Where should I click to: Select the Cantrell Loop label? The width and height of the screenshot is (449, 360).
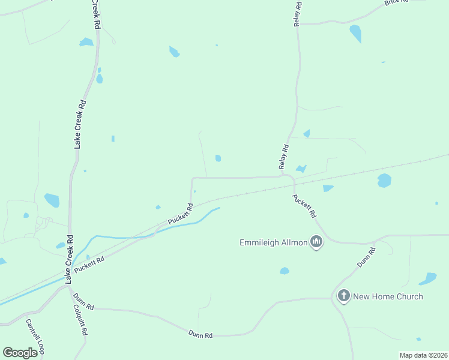pyautogui.click(x=34, y=335)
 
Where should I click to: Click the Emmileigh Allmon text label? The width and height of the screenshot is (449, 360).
pyautogui.click(x=273, y=242)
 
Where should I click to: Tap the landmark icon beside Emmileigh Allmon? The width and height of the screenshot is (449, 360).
pyautogui.click(x=316, y=242)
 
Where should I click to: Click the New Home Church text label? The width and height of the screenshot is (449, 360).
pyautogui.click(x=388, y=296)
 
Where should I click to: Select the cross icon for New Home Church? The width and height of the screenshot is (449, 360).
pyautogui.click(x=343, y=296)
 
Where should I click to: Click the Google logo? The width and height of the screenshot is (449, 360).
pyautogui.click(x=20, y=352)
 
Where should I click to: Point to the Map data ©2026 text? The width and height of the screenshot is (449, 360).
pyautogui.click(x=423, y=355)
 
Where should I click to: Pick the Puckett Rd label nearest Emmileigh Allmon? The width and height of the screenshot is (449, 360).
pyautogui.click(x=304, y=205)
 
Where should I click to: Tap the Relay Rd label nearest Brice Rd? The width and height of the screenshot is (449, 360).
pyautogui.click(x=298, y=14)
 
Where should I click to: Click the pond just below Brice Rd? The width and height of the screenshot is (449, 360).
pyautogui.click(x=356, y=33)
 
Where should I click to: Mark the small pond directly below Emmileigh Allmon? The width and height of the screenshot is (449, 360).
pyautogui.click(x=285, y=271)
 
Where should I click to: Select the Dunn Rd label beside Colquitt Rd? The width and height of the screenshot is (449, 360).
pyautogui.click(x=83, y=301)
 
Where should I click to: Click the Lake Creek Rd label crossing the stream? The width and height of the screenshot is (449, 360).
pyautogui.click(x=70, y=259)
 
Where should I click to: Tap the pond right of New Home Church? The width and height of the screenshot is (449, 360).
pyautogui.click(x=428, y=279)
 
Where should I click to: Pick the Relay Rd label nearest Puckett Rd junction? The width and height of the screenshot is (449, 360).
pyautogui.click(x=284, y=156)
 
